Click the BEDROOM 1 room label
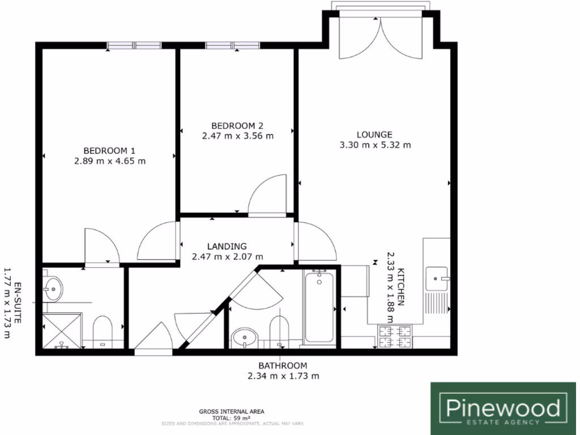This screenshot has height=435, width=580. tap(109, 151)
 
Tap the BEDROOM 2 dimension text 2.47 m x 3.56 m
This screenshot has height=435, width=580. tap(237, 136)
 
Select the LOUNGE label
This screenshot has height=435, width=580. tap(374, 135)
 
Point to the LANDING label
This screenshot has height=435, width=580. tap(227, 246)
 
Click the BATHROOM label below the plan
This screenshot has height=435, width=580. tap(283, 365)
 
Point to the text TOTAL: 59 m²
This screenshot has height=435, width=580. tap(231, 417)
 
